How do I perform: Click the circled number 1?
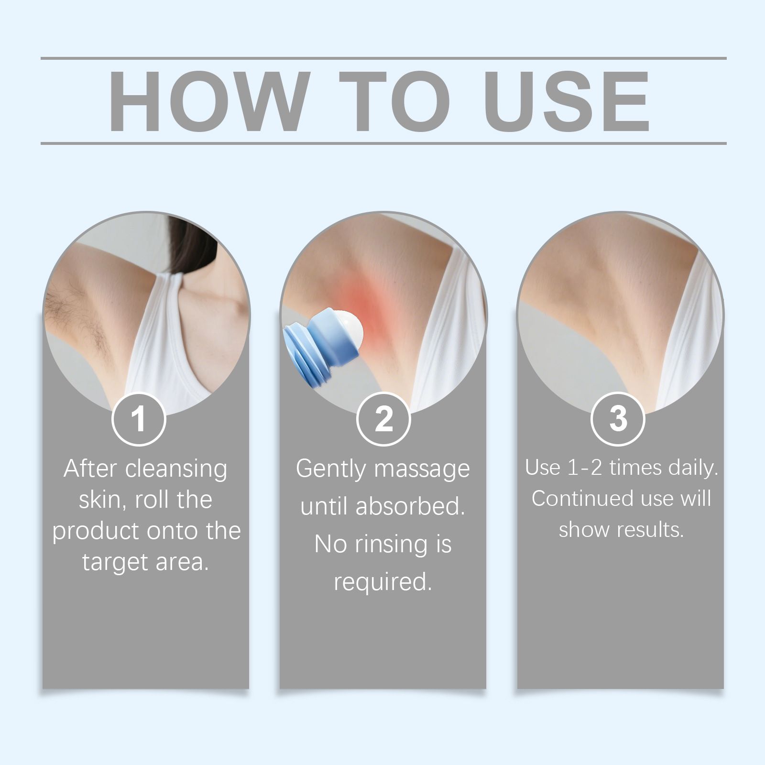pos(139,419)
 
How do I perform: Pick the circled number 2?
pos(383,419)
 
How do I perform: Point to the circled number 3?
pos(618,419)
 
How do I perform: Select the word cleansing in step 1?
pos(176,470)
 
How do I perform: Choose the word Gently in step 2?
pos(331,470)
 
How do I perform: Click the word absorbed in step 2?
pos(410,506)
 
